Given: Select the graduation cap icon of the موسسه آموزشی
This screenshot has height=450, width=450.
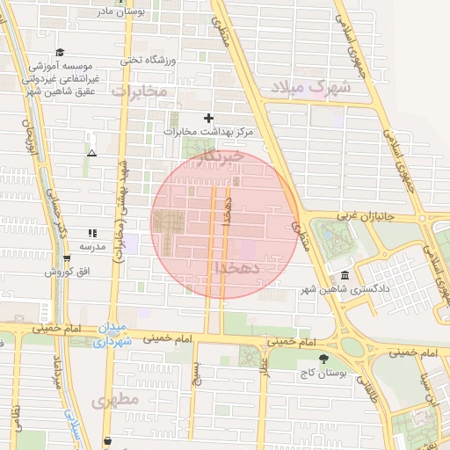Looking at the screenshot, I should coord(60,52).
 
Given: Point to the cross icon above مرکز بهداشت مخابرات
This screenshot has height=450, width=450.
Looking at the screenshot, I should coord(208,118).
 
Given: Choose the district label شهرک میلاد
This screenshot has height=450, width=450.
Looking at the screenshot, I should coord(310,87).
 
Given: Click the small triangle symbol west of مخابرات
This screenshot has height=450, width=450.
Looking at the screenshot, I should coord(91,153).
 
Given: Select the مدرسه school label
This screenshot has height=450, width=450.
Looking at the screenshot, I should coord(92,247).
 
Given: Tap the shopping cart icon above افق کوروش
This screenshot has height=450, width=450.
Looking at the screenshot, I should coord(67,258).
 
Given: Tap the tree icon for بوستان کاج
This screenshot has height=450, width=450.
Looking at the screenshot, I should coord(324,359).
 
